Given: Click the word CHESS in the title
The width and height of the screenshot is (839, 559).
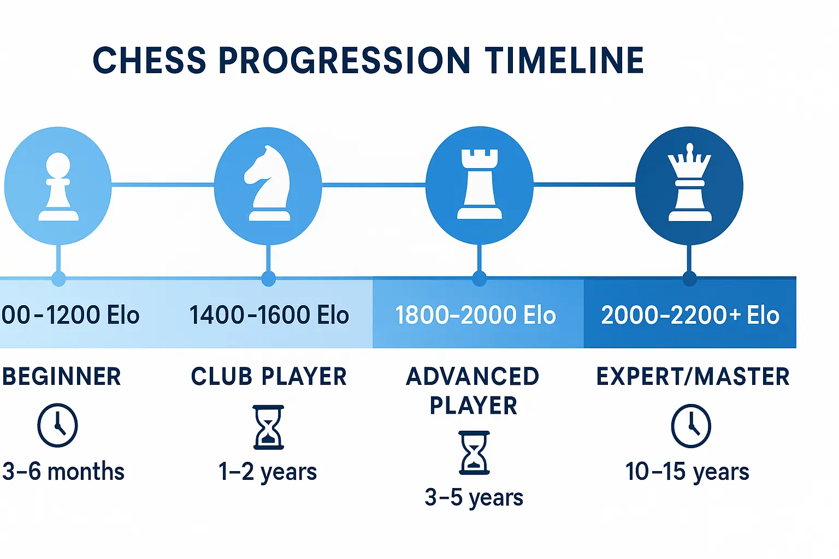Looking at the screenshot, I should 149,60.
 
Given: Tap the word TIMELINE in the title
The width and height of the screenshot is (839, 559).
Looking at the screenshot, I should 564,60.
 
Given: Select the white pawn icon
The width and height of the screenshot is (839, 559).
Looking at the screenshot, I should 58,187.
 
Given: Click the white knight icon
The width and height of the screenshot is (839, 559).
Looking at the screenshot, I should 268,185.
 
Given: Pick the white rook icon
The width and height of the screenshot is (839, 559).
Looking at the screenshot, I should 479,185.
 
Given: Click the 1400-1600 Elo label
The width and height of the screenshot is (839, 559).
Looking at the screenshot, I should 269,316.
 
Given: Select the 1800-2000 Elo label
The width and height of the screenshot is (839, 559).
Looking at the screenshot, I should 475,316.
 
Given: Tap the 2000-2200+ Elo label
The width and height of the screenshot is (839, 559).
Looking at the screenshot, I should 690,316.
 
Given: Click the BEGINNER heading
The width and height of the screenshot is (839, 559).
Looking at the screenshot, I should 61,377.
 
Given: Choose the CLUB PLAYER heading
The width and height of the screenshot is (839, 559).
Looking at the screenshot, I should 269,377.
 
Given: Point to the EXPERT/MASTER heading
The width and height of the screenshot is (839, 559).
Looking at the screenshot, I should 693,377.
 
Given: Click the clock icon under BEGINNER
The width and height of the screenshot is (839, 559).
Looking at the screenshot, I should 57,425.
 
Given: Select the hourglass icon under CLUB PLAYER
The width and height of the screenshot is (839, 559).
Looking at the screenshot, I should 268,427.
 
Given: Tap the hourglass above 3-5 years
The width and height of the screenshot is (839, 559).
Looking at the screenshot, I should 474,453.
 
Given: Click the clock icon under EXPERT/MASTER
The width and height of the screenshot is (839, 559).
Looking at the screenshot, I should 691,426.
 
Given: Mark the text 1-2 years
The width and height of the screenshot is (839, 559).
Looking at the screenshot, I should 268,472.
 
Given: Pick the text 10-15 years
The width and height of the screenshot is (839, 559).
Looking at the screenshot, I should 687,472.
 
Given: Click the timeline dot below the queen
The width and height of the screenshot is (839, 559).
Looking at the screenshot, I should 689,278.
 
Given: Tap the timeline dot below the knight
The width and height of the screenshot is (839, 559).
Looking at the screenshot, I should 268,278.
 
